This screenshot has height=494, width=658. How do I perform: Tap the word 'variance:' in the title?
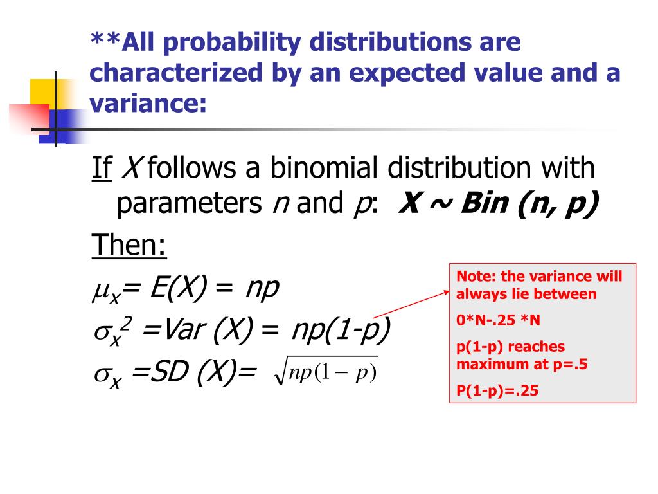(x=148, y=103)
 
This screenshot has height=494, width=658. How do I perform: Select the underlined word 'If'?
(x=102, y=168)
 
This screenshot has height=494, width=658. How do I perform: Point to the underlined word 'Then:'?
(x=129, y=244)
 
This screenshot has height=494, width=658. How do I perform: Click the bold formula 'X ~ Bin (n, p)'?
(x=498, y=204)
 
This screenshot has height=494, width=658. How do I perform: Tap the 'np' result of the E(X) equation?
(x=263, y=289)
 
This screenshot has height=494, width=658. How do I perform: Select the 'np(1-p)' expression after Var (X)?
(x=341, y=331)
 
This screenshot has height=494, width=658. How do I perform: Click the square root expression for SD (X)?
(x=326, y=372)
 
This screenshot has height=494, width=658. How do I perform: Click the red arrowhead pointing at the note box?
(x=447, y=291)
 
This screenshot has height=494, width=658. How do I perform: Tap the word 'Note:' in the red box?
(x=476, y=277)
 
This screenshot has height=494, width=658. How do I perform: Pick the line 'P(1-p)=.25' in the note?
(x=497, y=390)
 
